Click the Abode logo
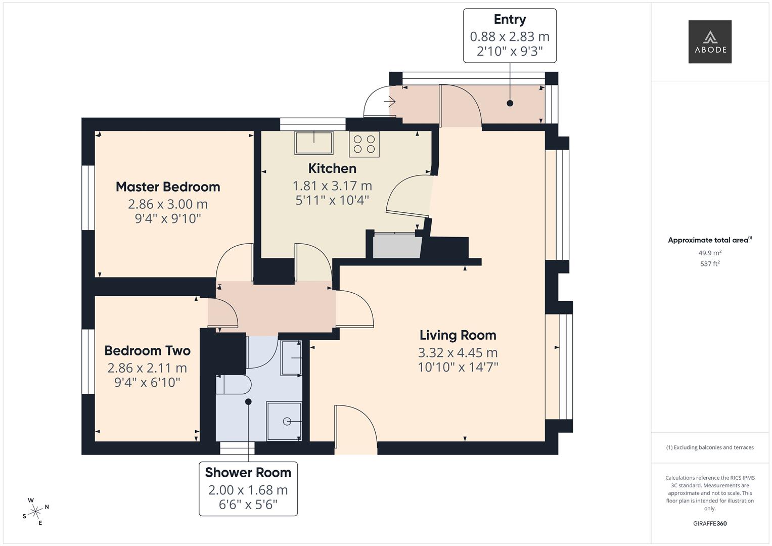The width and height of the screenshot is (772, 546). pos(709,41)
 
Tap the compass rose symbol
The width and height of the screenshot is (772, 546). pos(35,512)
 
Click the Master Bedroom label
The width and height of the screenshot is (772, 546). pos(168,187)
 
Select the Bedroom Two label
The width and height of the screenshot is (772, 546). pos(147,350)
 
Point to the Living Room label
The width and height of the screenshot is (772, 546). pos(458,335)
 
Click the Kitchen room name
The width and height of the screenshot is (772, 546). pos(332,168)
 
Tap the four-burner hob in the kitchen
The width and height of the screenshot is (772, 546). pos(364,144)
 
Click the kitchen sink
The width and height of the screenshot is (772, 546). pos(314,143)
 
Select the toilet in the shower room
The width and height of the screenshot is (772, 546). pos(233,385)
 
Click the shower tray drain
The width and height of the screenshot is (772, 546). pos(287,421)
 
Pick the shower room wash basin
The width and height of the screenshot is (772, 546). pos(291,358)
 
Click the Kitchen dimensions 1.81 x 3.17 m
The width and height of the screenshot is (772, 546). pos(332,186)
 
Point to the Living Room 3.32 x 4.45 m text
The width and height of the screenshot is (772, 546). pos(458,352)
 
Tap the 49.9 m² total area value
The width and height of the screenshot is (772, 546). pos(709,253)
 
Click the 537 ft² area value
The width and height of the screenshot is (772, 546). pos(709,263)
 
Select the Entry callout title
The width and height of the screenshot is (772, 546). pos(510,19)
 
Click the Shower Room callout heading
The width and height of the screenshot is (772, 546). pos(248,472)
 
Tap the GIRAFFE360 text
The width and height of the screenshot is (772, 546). pos(709,523)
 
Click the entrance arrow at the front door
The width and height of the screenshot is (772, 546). pos(389,102)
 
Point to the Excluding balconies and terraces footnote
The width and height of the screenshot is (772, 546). pos(709,447)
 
